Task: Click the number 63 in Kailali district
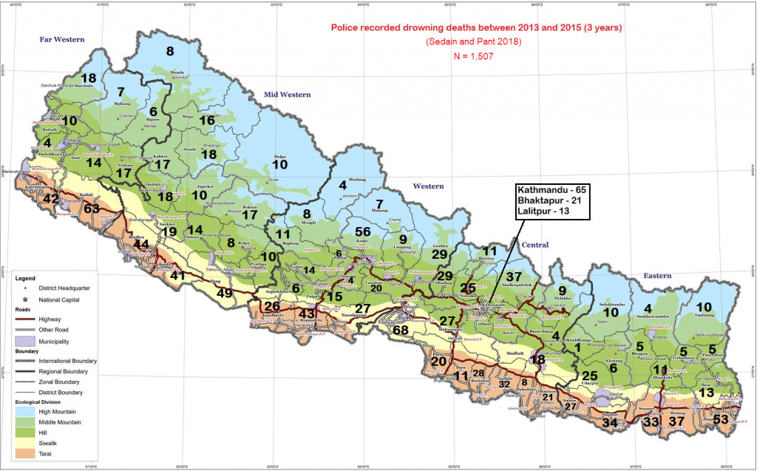tap(91, 209)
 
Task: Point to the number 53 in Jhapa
tap(721, 420)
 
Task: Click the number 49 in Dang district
tap(224, 293)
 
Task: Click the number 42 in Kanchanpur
tap(51, 199)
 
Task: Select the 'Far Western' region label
tap(61, 39)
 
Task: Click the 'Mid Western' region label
tap(287, 95)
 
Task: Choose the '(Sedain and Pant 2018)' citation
tap(474, 42)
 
